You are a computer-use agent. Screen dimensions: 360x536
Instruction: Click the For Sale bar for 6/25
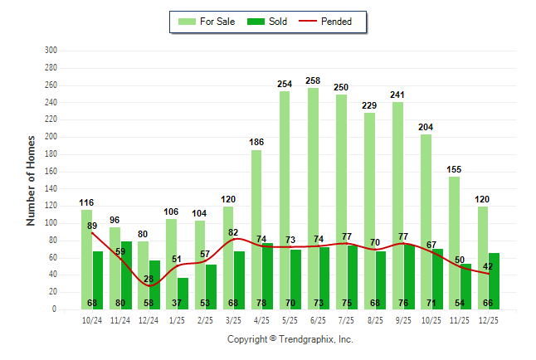[313, 199]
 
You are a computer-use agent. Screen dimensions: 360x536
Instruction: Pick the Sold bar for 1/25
[183, 294]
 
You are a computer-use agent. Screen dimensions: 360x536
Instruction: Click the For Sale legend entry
[210, 22]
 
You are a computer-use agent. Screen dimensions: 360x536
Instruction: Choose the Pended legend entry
[334, 22]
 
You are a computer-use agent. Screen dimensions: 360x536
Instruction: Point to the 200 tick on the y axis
[51, 137]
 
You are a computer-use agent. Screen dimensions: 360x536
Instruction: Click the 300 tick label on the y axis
[51, 51]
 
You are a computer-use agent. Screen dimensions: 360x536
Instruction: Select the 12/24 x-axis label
[149, 320]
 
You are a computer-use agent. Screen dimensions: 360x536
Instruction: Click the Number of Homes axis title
[31, 180]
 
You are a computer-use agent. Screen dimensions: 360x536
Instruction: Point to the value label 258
[313, 80]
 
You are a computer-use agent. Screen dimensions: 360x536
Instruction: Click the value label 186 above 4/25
[256, 143]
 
